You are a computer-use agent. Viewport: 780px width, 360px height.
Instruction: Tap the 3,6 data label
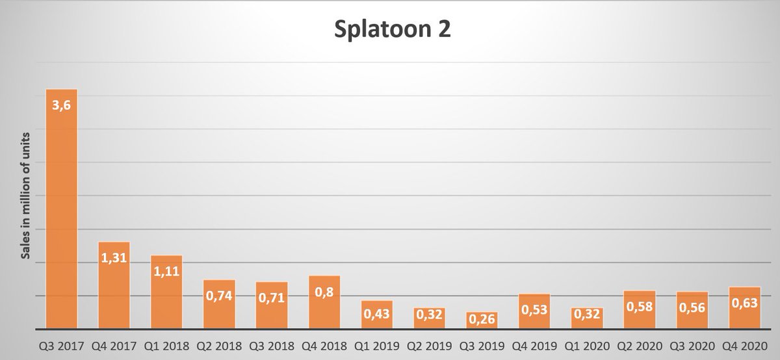pos(61,104)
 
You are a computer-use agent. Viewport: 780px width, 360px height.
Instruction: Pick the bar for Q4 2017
pos(114,286)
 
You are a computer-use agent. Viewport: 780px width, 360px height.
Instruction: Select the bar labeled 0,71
pos(272,305)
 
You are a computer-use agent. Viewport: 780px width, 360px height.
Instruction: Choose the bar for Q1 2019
pos(377,315)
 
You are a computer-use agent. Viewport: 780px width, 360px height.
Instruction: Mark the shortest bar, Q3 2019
pos(482,320)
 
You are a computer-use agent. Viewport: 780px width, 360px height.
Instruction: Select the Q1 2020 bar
pos(587,318)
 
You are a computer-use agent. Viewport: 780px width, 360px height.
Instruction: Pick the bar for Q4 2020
pos(745,308)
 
